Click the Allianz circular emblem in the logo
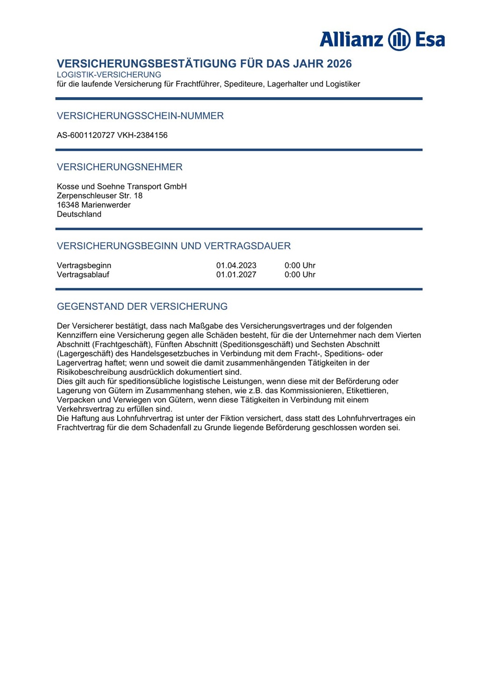pyautogui.click(x=399, y=39)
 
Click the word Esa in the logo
pyautogui.click(x=430, y=39)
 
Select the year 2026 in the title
pyautogui.click(x=339, y=63)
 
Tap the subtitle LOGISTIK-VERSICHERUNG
pyautogui.click(x=109, y=75)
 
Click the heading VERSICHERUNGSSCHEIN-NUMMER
pyautogui.click(x=140, y=116)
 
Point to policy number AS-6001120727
pyautogui.click(x=86, y=135)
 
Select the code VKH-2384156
pyautogui.click(x=142, y=135)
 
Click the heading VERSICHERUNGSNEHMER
pyautogui.click(x=119, y=167)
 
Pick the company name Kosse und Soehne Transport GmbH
pyautogui.click(x=121, y=186)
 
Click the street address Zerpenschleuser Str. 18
pyautogui.click(x=99, y=196)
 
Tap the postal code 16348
pyautogui.click(x=68, y=205)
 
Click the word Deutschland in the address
pyautogui.click(x=79, y=214)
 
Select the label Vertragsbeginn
pyautogui.click(x=84, y=266)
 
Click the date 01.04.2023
pyautogui.click(x=236, y=266)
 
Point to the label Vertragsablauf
pyautogui.click(x=83, y=275)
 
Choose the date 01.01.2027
pyautogui.click(x=236, y=275)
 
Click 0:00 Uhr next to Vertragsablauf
pyautogui.click(x=300, y=275)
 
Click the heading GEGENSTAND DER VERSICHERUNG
pyautogui.click(x=142, y=307)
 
